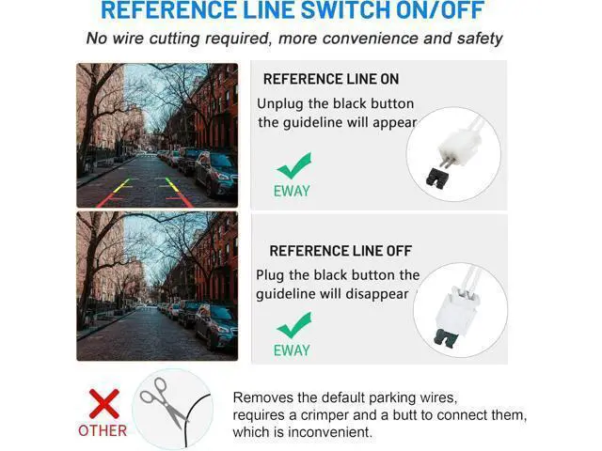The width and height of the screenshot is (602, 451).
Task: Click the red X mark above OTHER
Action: (x=104, y=403)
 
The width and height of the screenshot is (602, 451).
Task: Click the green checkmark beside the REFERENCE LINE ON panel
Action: (x=294, y=165)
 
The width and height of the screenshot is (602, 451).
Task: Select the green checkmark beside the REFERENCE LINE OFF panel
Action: (x=294, y=325)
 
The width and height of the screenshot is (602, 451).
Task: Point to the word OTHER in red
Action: (x=103, y=430)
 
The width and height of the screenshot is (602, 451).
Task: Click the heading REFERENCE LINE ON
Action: (x=331, y=79)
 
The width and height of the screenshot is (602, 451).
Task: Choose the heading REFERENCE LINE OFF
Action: (x=341, y=251)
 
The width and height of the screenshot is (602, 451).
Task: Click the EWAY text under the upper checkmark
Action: (x=292, y=191)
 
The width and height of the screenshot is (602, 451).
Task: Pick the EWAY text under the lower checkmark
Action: (x=292, y=350)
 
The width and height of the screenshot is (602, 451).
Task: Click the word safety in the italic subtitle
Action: (x=480, y=39)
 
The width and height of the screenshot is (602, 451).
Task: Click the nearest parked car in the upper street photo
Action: (x=216, y=173)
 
